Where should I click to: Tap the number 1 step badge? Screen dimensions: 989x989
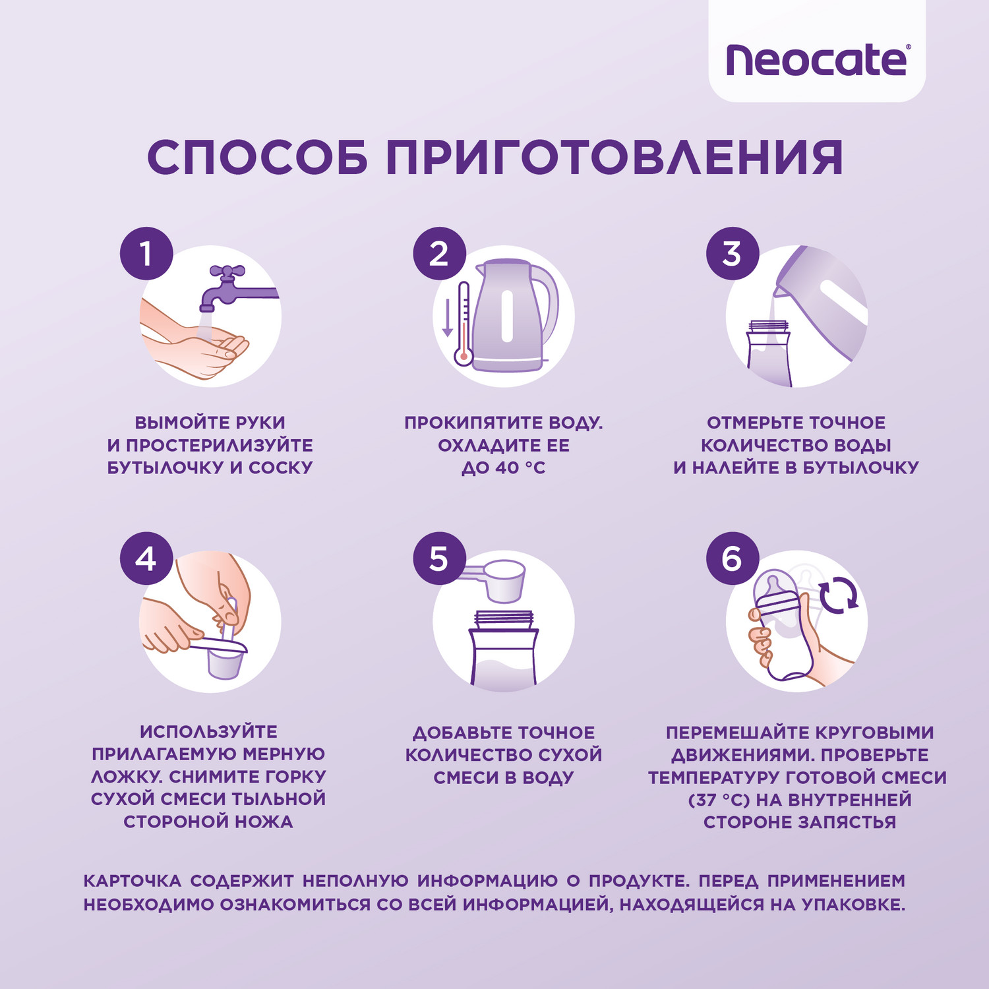coord(146,254)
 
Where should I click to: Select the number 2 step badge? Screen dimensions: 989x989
coord(439,254)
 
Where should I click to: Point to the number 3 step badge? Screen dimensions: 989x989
coord(732,254)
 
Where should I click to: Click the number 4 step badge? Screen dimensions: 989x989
coord(146,559)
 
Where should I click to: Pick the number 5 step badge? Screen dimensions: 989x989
coord(439,559)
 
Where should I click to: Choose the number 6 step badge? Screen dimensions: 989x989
coord(732,559)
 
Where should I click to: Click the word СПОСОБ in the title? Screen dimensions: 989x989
coord(257,158)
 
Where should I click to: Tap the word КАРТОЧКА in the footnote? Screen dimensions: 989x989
coord(132,881)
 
